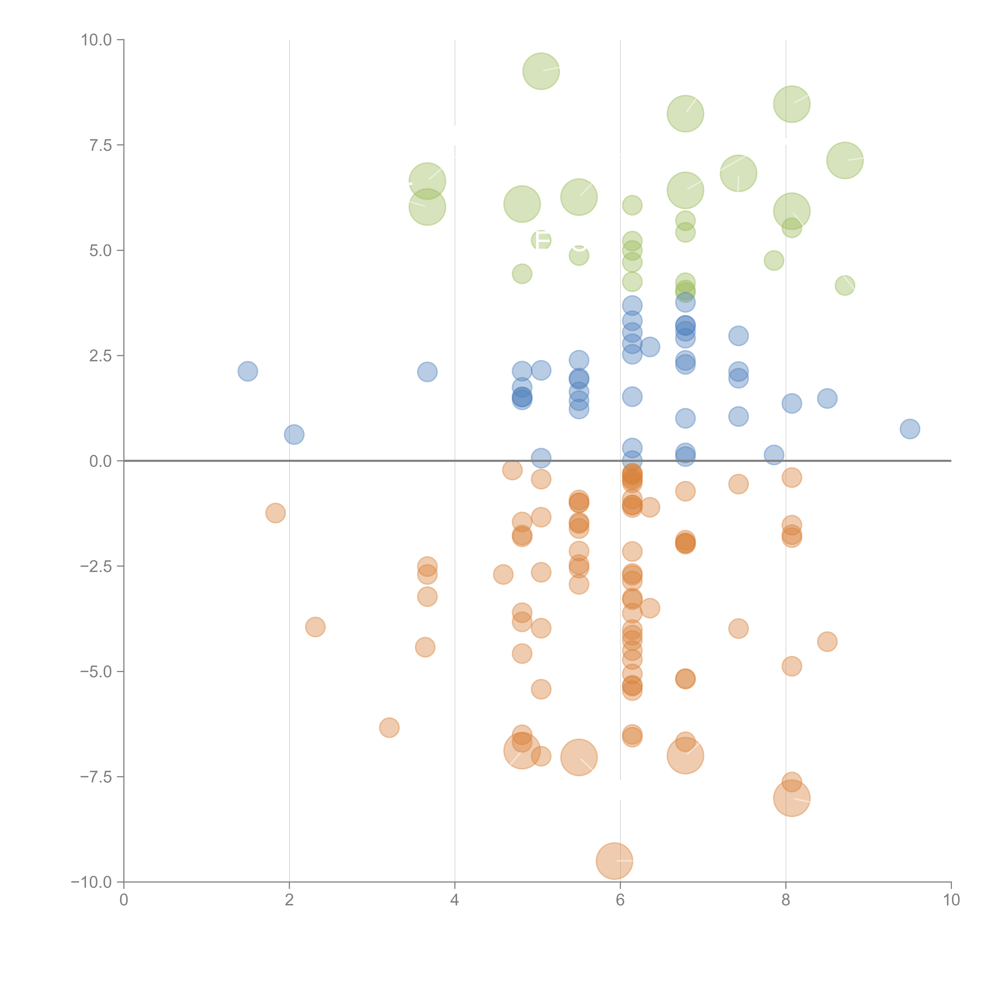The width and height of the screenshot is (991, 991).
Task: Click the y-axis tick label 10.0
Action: tap(97, 40)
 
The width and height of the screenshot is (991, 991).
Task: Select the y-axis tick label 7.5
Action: tap(100, 145)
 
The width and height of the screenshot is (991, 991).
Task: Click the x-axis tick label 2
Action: tap(289, 900)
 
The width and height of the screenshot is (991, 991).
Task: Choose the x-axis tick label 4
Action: tap(454, 900)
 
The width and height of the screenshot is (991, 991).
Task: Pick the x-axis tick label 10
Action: tap(951, 900)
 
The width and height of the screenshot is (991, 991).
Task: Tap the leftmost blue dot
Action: tap(248, 371)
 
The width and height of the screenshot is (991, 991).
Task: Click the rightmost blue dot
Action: tap(910, 429)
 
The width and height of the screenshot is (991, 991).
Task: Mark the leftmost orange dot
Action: tap(275, 513)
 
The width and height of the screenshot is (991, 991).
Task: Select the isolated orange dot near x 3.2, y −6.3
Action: tap(389, 727)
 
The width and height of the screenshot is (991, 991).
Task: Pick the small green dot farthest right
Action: tap(845, 285)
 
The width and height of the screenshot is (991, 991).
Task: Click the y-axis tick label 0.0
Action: tap(100, 461)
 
